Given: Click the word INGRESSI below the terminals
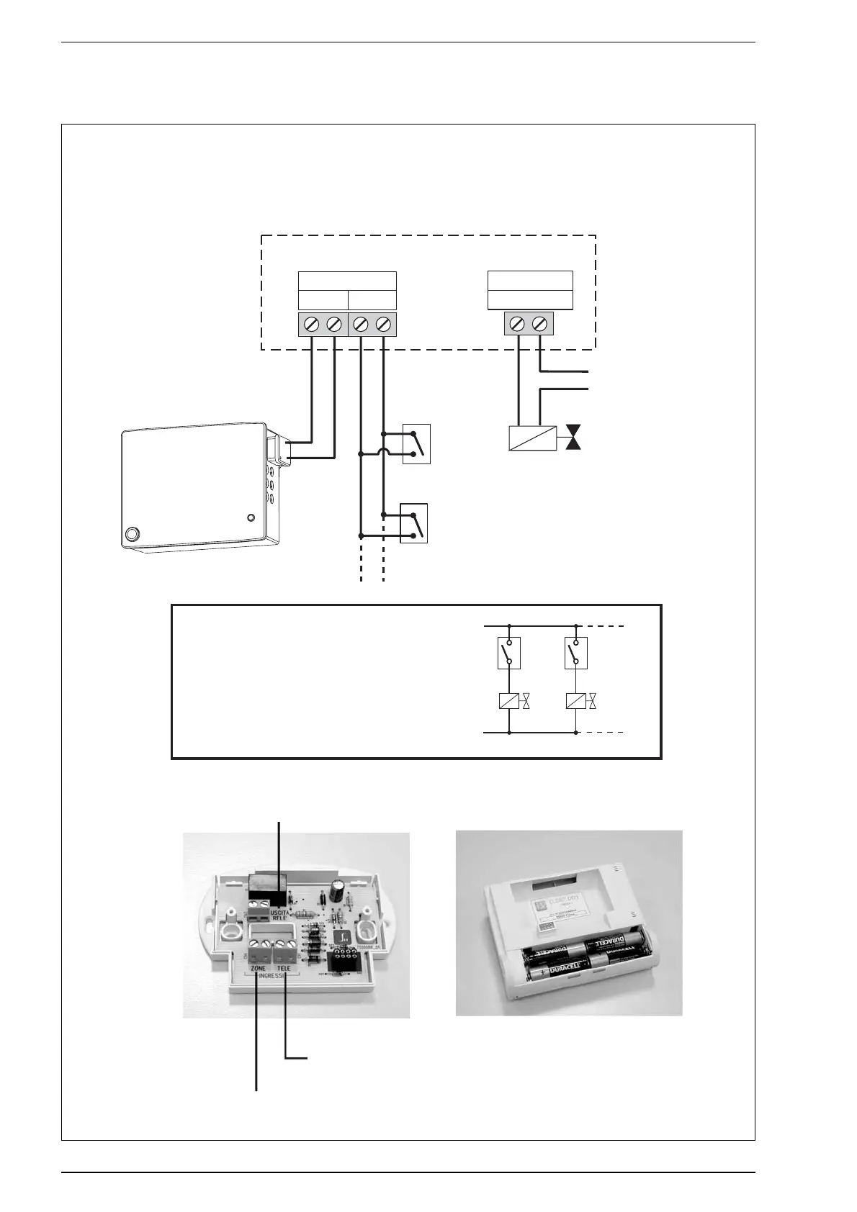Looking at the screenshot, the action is coord(272,977).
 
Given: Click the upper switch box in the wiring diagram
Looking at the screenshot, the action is coord(416,444).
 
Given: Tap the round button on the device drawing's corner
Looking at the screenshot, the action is coord(132,535).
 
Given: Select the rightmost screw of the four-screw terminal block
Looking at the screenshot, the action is coord(385,325).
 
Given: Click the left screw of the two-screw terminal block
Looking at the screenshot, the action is coord(516,325).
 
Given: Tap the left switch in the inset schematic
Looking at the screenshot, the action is coord(509,652).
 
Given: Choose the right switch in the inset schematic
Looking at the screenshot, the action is coord(576,652).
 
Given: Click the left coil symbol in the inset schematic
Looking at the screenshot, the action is coord(509,701).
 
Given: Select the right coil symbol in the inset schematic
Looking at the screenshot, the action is coord(576,701).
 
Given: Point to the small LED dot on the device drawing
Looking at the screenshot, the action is coord(251,517).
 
